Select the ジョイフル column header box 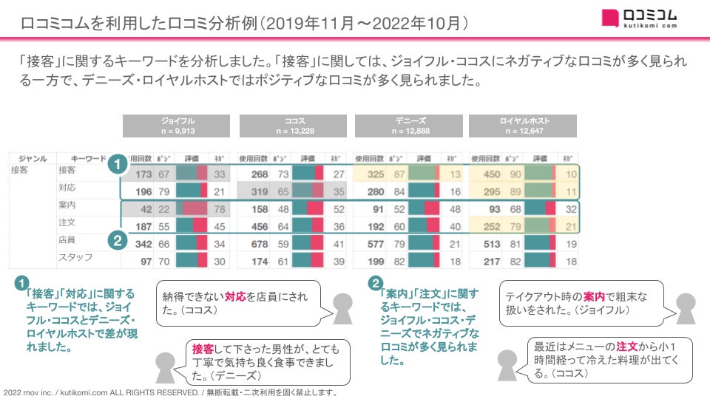177,126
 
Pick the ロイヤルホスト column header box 524,126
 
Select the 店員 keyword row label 67,240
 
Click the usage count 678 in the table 258,244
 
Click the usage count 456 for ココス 258,227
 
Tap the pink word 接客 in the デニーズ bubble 202,348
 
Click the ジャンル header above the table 32,158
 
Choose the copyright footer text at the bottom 171,392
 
